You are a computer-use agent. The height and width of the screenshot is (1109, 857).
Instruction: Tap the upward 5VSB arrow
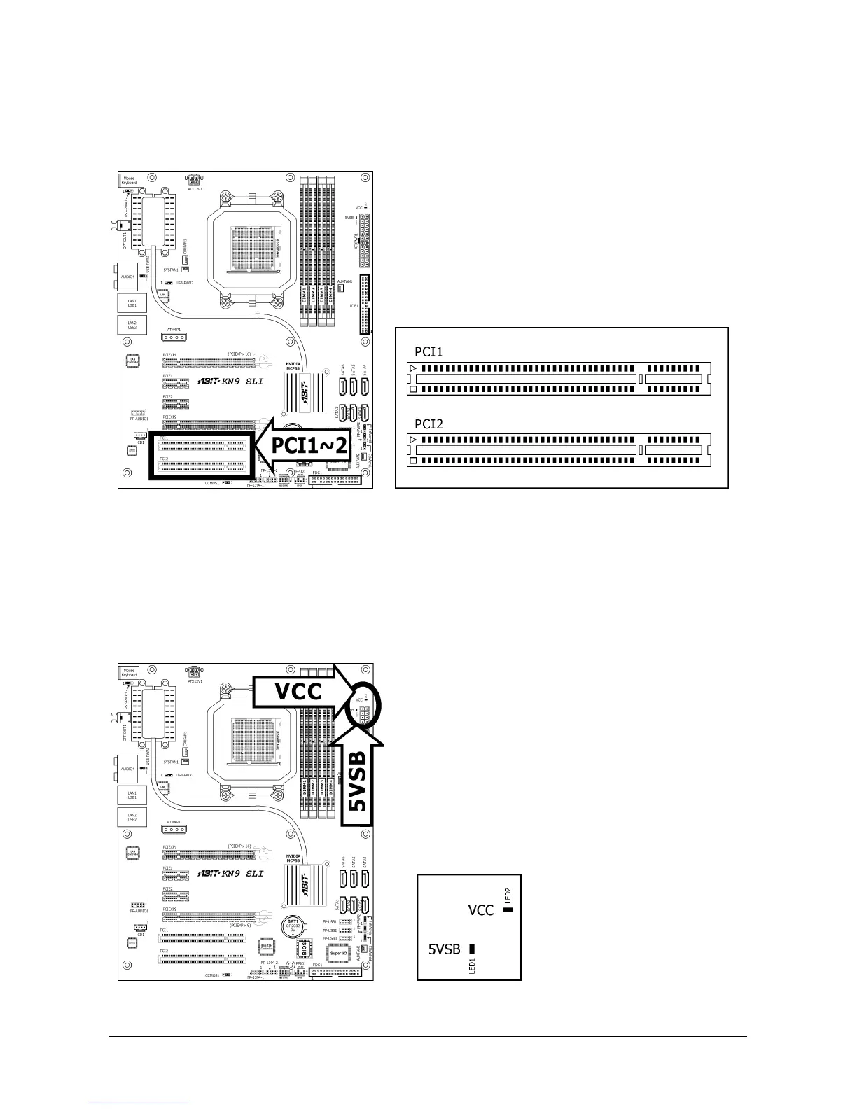pyautogui.click(x=358, y=781)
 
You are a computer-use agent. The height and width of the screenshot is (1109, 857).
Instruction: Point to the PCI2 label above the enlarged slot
pyautogui.click(x=428, y=424)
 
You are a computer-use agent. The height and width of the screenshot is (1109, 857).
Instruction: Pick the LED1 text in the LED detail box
pyautogui.click(x=472, y=965)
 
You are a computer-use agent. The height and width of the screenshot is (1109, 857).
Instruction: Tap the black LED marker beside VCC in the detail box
pyautogui.click(x=508, y=910)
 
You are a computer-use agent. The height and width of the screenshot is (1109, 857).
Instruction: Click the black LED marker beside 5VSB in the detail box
pyautogui.click(x=472, y=949)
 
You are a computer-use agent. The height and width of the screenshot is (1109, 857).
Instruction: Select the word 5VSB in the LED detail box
pyautogui.click(x=444, y=949)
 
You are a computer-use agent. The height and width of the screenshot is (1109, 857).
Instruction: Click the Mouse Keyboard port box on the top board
pyautogui.click(x=129, y=181)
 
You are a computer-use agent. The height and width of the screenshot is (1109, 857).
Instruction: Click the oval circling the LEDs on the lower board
pyautogui.click(x=365, y=706)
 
